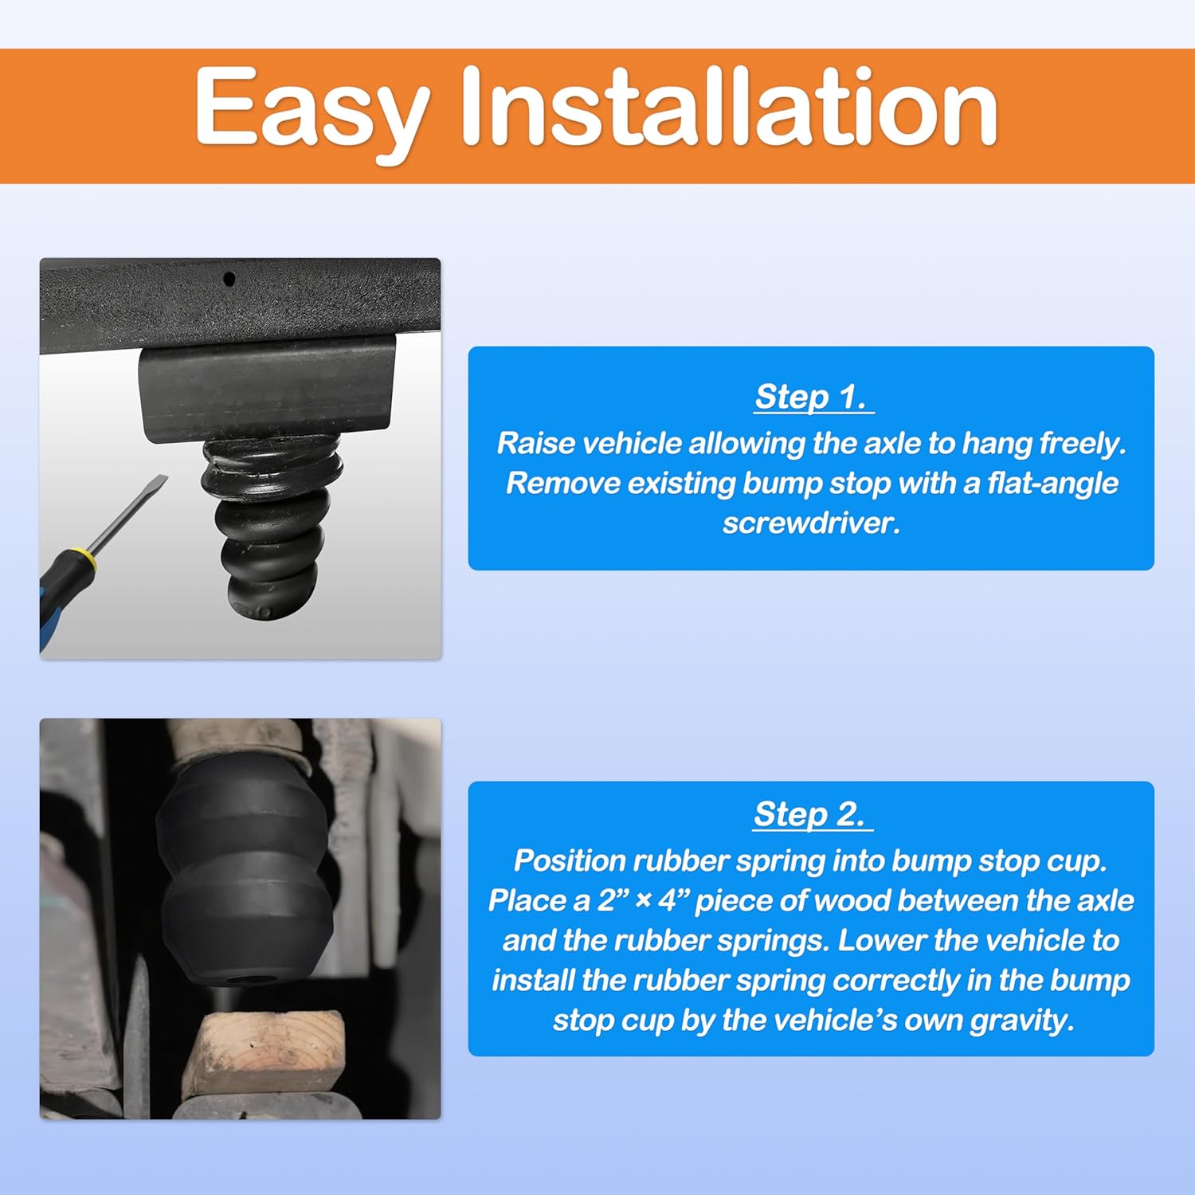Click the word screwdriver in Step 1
click(x=810, y=523)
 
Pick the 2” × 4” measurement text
click(x=645, y=901)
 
